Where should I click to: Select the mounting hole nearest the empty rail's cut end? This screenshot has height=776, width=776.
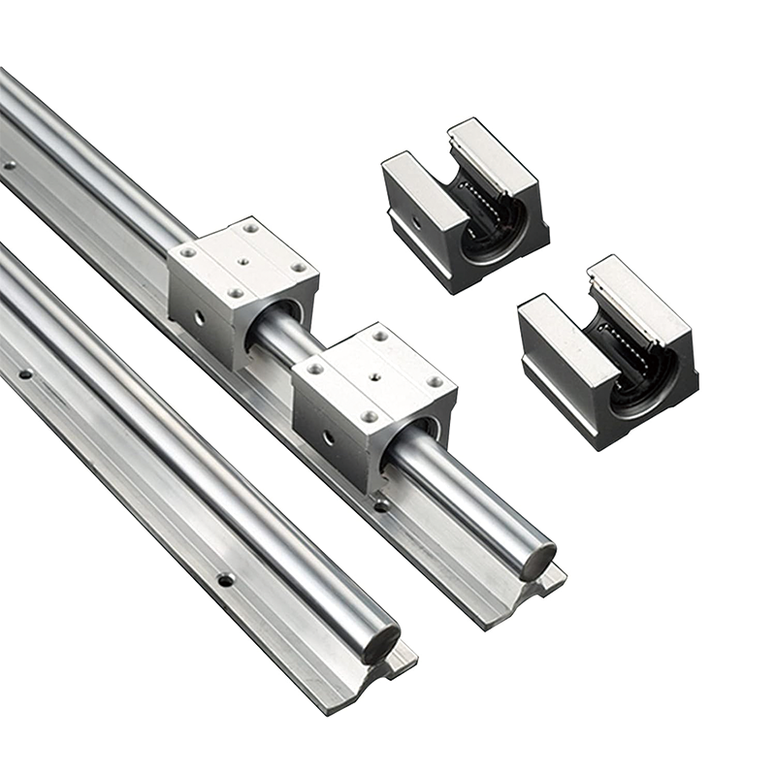click(226, 580)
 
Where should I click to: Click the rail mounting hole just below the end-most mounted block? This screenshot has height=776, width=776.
click(381, 505)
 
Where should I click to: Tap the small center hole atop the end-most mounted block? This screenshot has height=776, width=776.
click(371, 371)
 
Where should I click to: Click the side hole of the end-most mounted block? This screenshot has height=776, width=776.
click(328, 437)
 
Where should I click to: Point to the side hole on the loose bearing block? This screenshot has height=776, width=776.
click(417, 222)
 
